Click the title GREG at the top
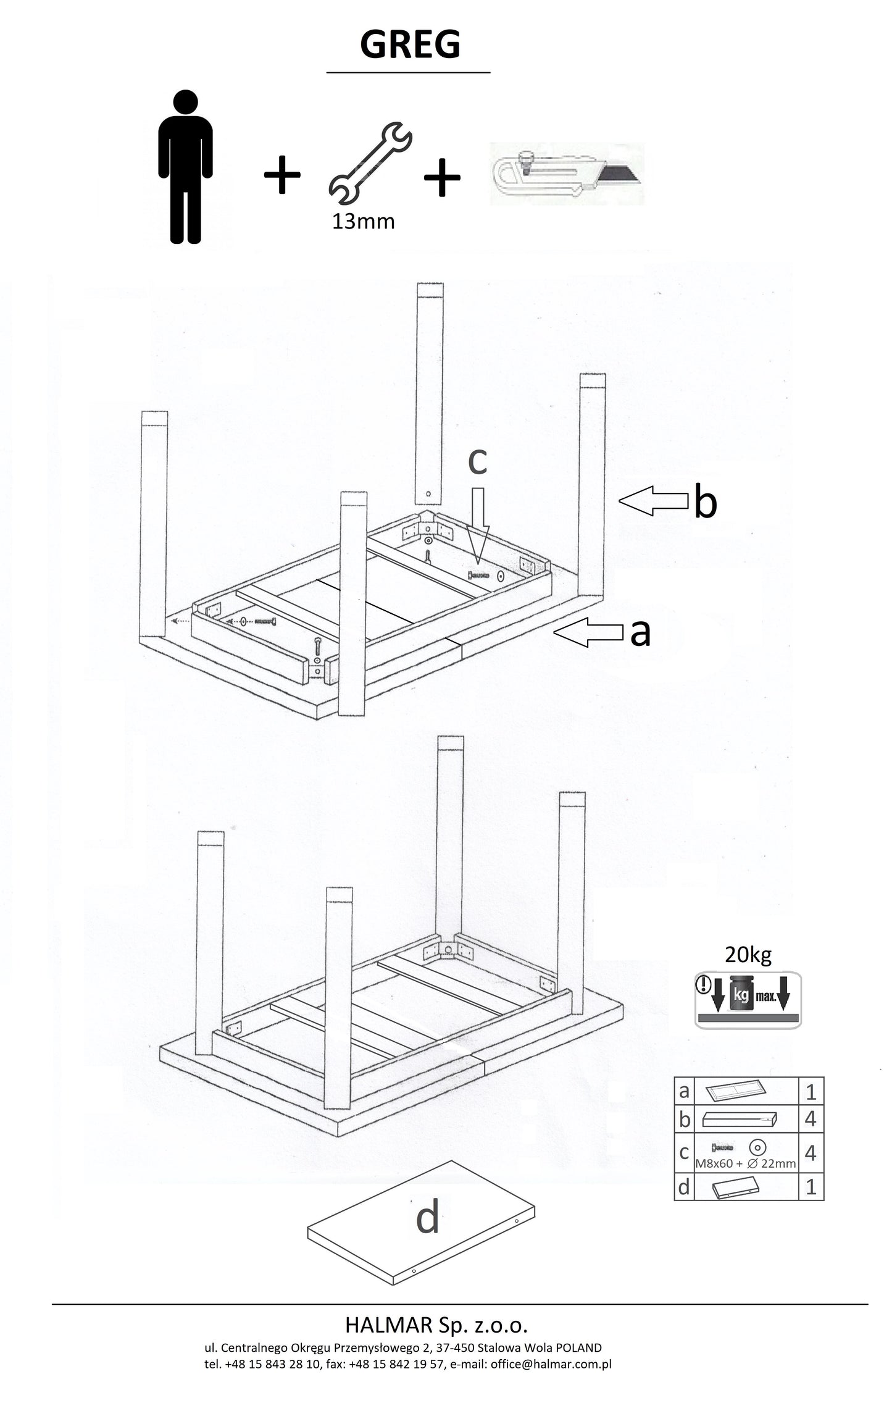pos(410,44)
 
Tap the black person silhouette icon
pos(185,167)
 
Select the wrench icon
pos(370,164)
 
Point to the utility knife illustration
pos(567,174)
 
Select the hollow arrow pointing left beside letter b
pos(653,500)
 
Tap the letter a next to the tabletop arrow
pos(641,632)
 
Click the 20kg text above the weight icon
pos(748,955)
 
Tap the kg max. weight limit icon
pos(748,1000)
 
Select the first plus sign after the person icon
pos(282,175)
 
